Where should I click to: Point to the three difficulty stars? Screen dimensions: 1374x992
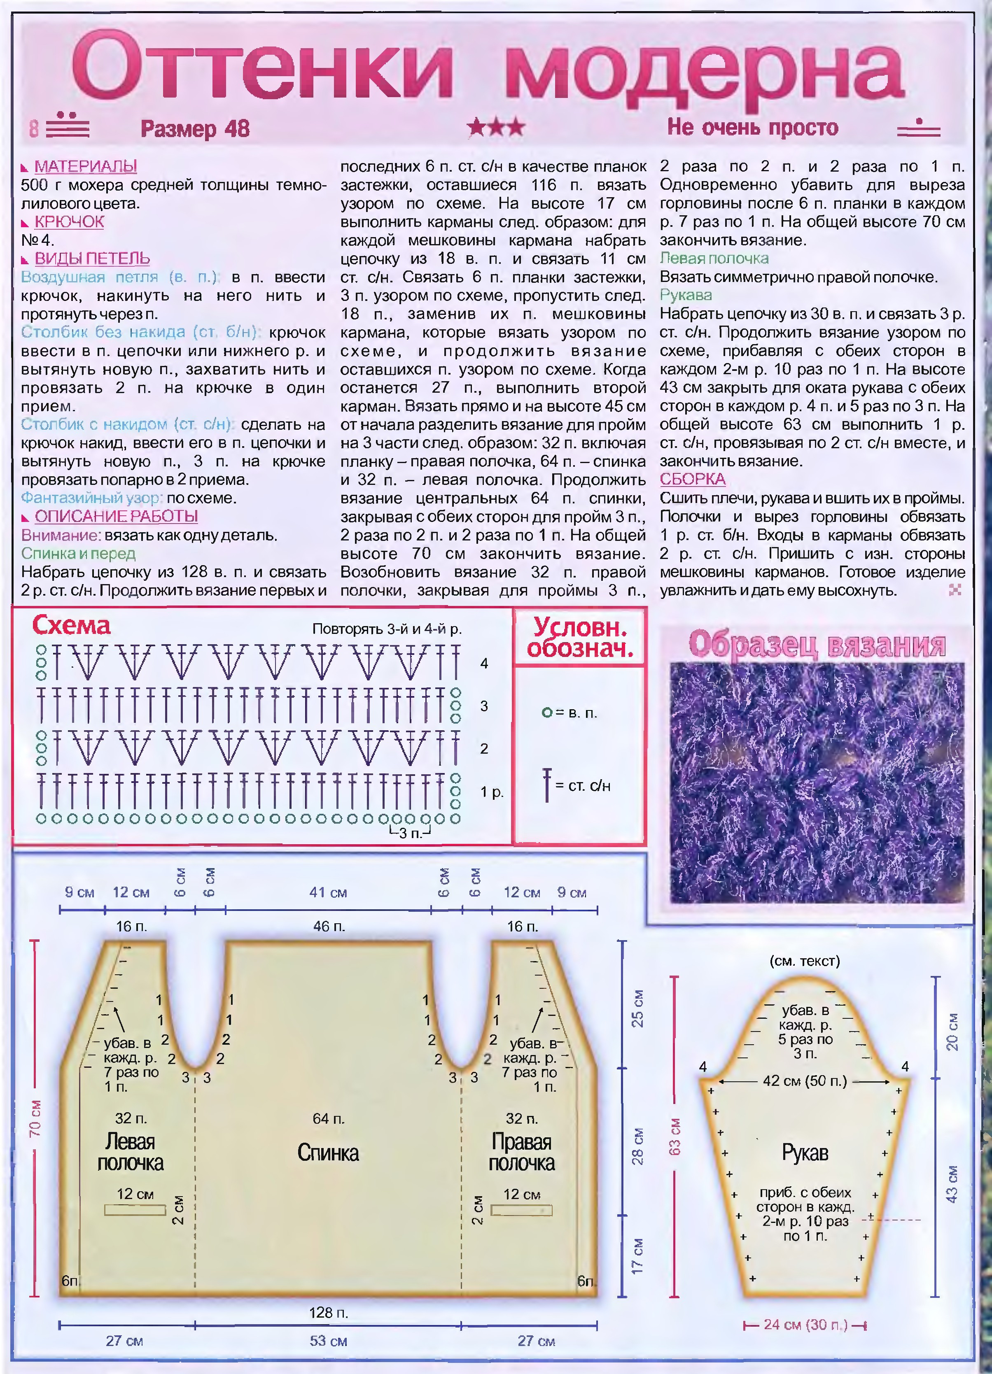tap(496, 127)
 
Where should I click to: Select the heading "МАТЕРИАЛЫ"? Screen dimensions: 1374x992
tap(85, 166)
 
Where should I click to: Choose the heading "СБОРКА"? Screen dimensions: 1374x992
tap(692, 479)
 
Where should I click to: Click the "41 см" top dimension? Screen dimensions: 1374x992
tap(328, 892)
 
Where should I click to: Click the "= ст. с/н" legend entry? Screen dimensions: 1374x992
tap(581, 786)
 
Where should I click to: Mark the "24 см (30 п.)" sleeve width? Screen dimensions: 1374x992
tap(804, 1325)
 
